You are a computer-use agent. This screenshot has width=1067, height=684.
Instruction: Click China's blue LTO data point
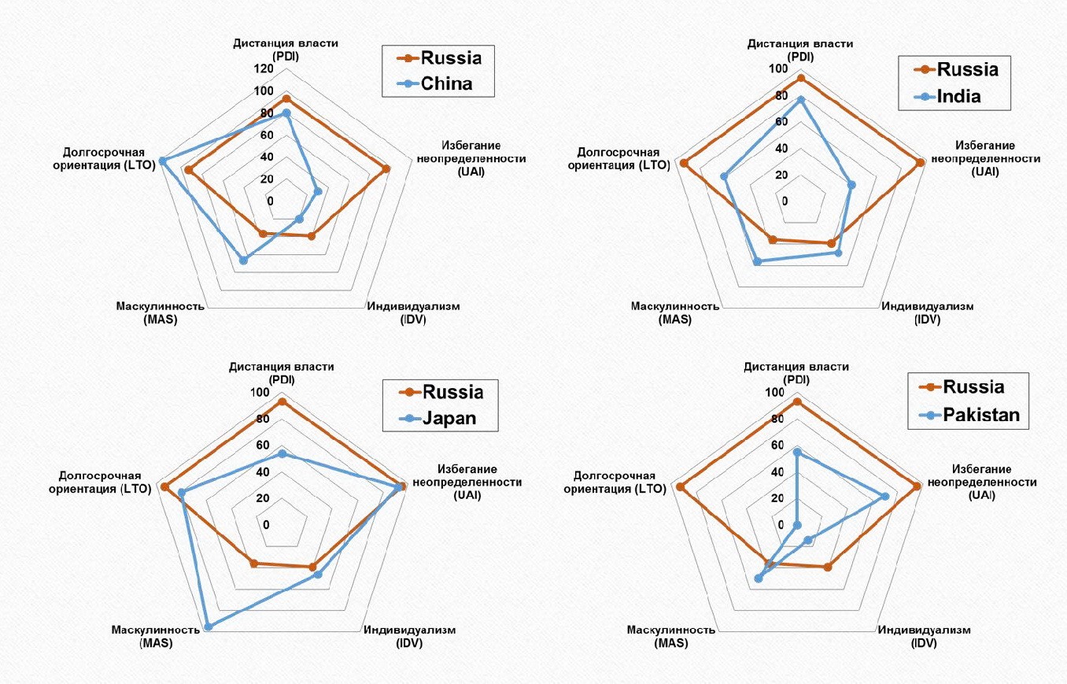[x=162, y=161]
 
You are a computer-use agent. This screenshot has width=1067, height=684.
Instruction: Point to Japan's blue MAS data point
[x=209, y=627]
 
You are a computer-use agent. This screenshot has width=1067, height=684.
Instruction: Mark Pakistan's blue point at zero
[x=797, y=525]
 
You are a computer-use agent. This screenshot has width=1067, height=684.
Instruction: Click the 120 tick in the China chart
[x=264, y=69]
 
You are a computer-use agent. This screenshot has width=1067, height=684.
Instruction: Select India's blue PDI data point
[x=801, y=99]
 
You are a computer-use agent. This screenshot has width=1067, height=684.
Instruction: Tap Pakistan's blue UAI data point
[x=885, y=496]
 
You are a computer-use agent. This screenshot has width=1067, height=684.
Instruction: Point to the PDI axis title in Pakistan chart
[x=797, y=373]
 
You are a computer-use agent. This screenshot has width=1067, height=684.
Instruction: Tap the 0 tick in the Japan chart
[x=266, y=524]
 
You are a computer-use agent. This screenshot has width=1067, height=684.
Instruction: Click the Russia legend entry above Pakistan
[x=974, y=387]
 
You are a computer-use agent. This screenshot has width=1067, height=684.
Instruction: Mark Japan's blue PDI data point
[x=282, y=454]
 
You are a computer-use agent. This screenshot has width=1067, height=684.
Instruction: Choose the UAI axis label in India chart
[x=985, y=158]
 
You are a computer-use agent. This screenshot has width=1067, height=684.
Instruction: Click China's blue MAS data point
[x=243, y=261]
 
